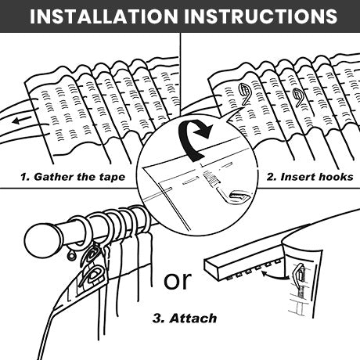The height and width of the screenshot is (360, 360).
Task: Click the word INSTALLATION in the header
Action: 104,16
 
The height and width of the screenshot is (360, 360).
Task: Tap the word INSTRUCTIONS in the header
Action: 261,16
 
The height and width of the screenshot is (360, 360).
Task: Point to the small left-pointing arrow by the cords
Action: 22,121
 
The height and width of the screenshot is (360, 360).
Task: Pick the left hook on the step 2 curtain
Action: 244,92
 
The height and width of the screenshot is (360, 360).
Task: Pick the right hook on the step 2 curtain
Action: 299,97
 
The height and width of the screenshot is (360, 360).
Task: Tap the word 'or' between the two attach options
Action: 178,281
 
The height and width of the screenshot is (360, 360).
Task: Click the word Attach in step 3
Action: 193,319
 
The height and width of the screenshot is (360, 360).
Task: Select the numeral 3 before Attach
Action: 157,319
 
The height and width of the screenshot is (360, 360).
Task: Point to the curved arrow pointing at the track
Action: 275,276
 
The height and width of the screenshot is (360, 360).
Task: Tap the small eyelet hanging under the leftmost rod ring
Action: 71,256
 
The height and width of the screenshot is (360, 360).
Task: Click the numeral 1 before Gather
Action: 24,177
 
